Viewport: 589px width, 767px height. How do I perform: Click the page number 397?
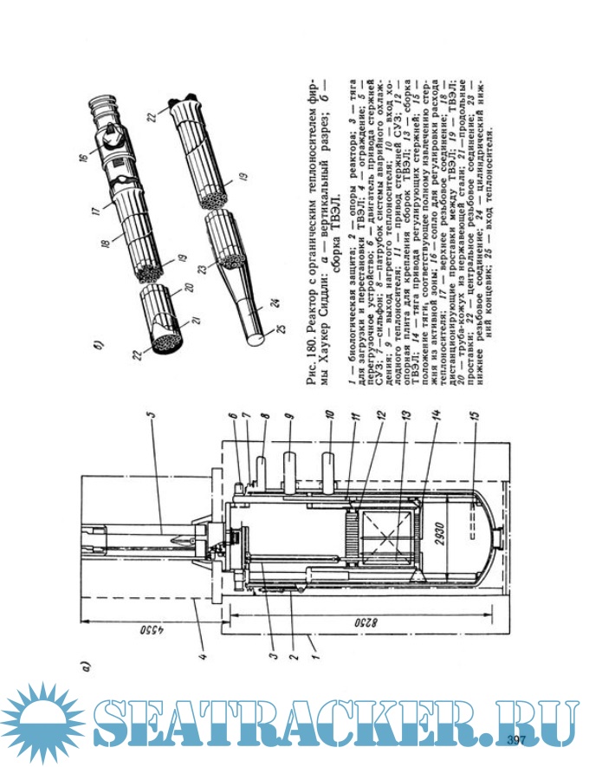coord(517,739)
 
